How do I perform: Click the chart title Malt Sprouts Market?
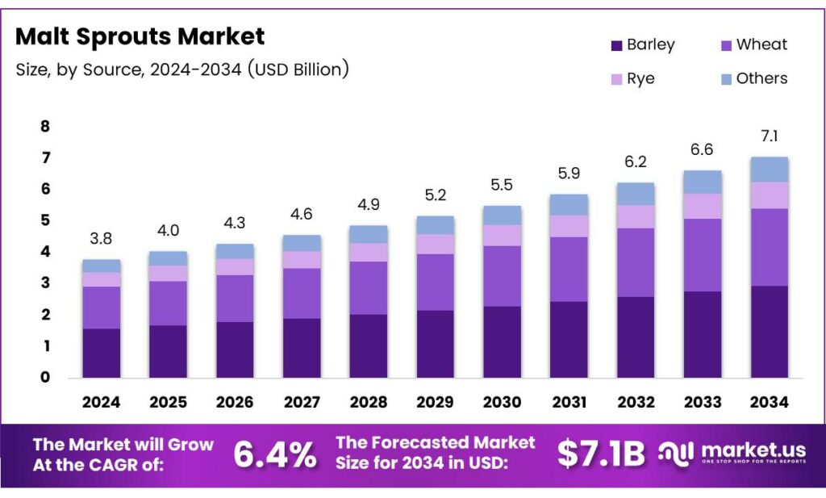point(140,36)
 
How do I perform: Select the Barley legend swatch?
point(618,45)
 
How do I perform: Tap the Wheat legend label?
point(761,44)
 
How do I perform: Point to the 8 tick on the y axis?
point(45,126)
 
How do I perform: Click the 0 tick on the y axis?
point(45,377)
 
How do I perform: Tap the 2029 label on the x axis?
point(434,401)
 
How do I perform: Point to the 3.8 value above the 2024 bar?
point(101,238)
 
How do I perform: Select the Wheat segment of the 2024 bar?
point(101,308)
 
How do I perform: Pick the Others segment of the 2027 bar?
point(302,243)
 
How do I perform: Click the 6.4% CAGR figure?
point(274,455)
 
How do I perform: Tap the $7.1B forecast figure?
point(601,455)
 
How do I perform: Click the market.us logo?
point(731,454)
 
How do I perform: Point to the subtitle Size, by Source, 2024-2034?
point(182,70)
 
